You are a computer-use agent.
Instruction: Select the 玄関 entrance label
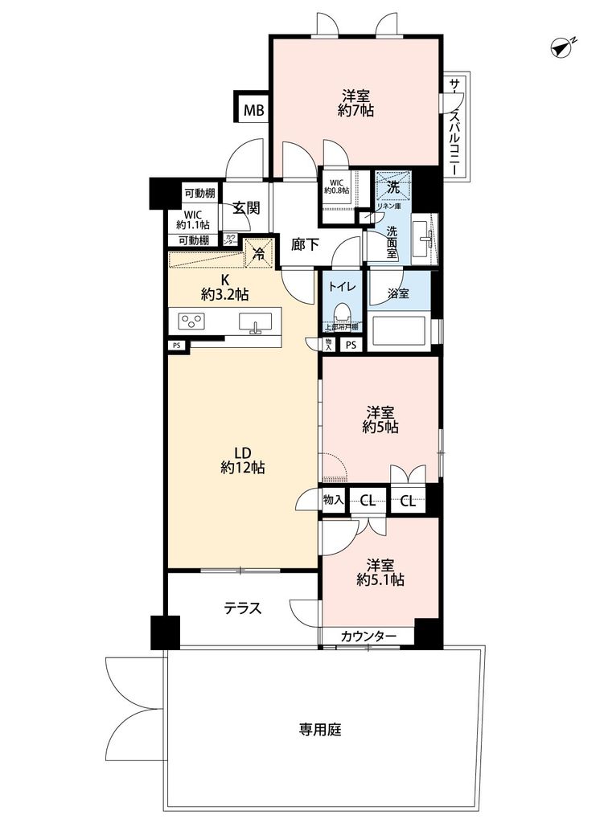pyautogui.click(x=246, y=207)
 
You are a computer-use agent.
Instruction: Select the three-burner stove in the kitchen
pyautogui.click(x=194, y=321)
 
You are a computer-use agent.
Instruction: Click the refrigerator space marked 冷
pyautogui.click(x=259, y=252)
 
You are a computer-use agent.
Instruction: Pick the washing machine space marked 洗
pyautogui.click(x=393, y=186)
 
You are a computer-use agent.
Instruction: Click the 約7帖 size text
pyautogui.click(x=355, y=111)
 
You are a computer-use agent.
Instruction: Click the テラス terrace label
pyautogui.click(x=242, y=608)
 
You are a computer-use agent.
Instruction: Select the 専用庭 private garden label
pyautogui.click(x=321, y=731)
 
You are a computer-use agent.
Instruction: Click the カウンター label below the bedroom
pyautogui.click(x=368, y=637)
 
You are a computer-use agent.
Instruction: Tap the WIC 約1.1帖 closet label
pyautogui.click(x=193, y=220)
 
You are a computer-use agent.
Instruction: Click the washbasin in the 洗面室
pyautogui.click(x=424, y=238)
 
